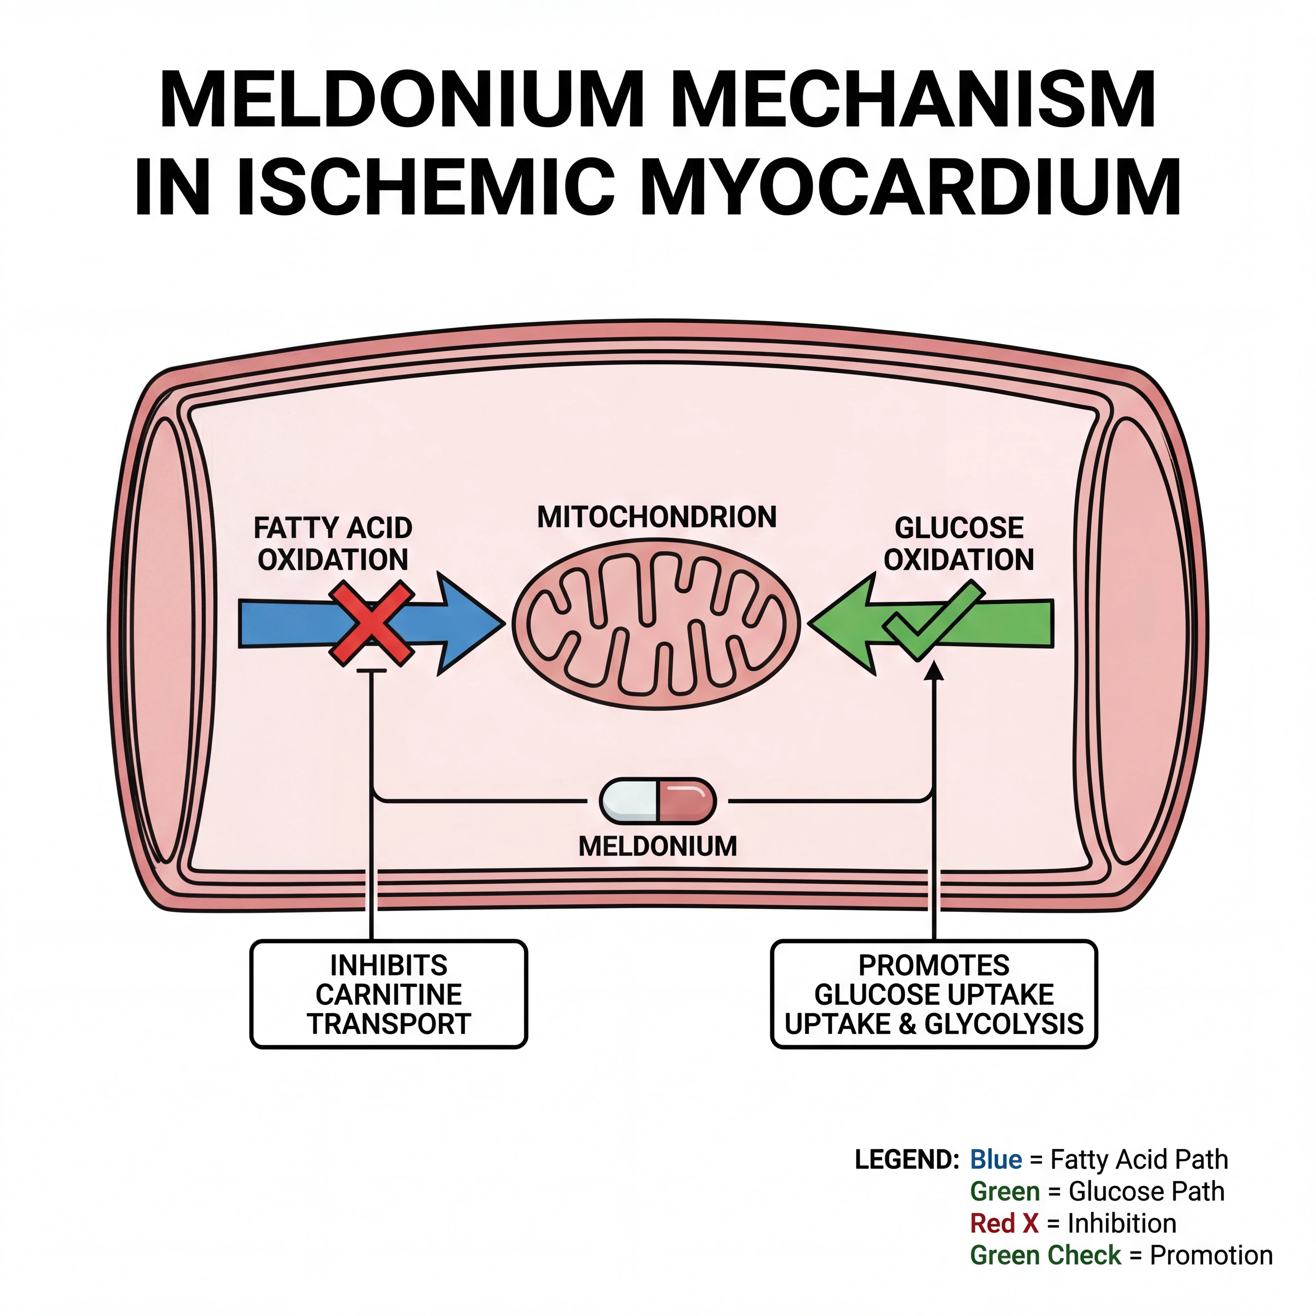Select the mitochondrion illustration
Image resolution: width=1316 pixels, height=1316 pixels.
click(656, 623)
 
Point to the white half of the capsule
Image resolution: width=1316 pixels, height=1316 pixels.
click(629, 801)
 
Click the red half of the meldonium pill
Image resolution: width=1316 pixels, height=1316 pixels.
click(686, 801)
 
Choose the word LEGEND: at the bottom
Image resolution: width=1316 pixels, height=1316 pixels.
click(907, 1159)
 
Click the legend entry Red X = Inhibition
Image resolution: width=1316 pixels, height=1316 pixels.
click(1073, 1223)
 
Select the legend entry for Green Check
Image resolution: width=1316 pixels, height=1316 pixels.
click(1121, 1255)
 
